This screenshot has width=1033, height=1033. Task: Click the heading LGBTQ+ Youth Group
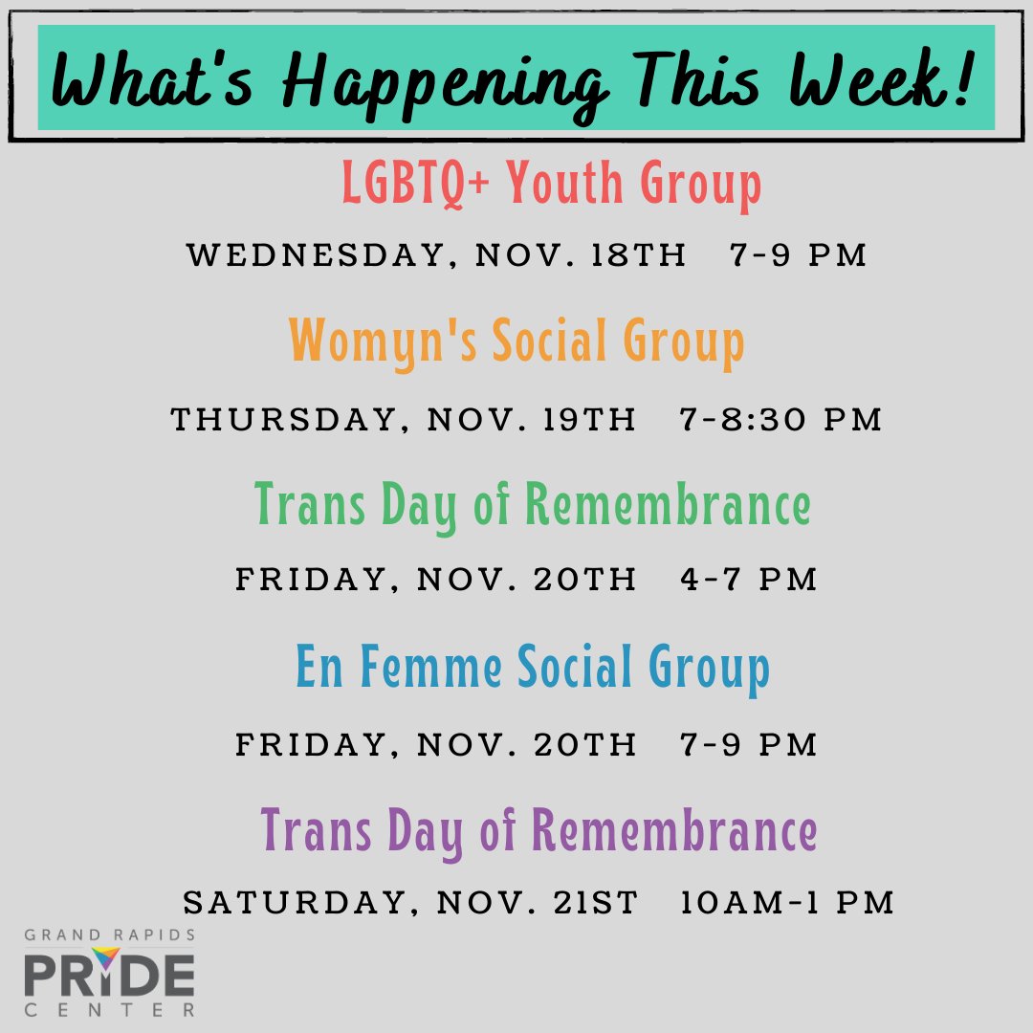[x=552, y=185]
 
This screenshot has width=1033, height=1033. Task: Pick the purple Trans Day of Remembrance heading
[x=539, y=830]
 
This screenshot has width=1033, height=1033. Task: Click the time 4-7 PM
[x=749, y=580]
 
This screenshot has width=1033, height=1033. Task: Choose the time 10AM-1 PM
[x=787, y=903]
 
